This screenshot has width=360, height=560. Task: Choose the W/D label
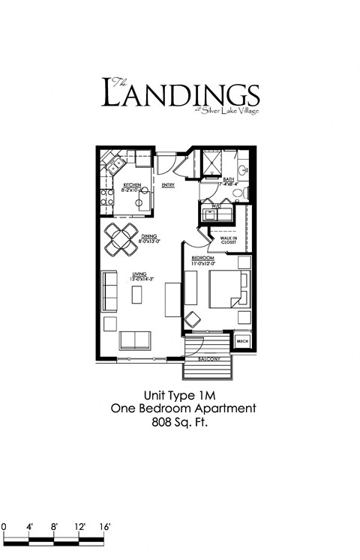coord(217,205)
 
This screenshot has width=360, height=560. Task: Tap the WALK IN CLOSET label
coord(228,241)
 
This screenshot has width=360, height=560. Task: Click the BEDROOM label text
coord(202,259)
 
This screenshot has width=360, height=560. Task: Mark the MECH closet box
coord(242,341)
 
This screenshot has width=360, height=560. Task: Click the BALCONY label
coord(208,359)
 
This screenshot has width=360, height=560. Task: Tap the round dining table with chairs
coord(121,240)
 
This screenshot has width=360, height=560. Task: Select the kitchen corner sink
coord(113,166)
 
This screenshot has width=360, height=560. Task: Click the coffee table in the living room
coord(136,295)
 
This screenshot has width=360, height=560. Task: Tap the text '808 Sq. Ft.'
coord(180,423)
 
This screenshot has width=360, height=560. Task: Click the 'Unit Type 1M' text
coord(180,394)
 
